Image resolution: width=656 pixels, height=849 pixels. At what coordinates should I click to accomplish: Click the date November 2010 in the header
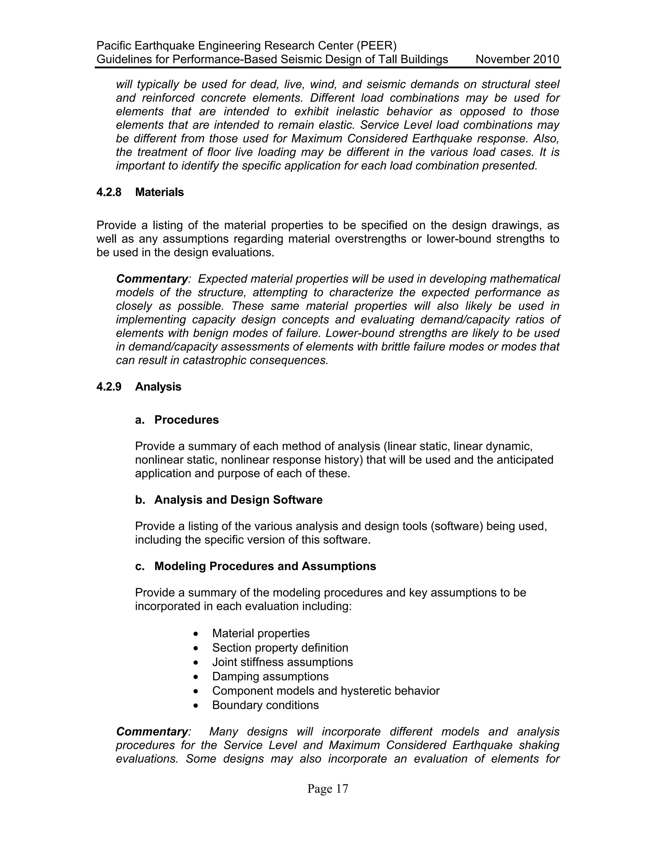(517, 60)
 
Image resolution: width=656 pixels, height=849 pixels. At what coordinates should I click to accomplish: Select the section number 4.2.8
(109, 192)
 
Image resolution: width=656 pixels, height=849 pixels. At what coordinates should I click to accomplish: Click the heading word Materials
(159, 192)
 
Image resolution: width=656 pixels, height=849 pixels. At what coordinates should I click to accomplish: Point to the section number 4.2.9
(109, 387)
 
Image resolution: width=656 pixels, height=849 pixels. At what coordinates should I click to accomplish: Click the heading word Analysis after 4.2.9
(158, 387)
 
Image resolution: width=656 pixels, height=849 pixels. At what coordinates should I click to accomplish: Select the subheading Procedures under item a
(186, 420)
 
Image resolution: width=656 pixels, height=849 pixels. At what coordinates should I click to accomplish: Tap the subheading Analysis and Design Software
(238, 500)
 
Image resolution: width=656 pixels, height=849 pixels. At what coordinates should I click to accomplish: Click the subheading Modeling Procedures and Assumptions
(265, 566)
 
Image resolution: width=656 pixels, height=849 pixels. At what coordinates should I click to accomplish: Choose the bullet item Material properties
(261, 633)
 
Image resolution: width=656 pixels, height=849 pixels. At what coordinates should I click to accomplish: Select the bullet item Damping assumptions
(270, 676)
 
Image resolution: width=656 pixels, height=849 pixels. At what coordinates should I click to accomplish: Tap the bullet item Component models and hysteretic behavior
(326, 691)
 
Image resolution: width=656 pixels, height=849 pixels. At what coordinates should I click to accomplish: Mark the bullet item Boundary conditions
(266, 705)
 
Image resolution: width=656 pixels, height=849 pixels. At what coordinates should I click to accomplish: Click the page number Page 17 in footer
(328, 789)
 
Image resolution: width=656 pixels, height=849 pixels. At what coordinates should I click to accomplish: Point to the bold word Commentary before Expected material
(152, 279)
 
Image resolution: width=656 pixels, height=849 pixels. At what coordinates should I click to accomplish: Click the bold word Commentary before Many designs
(152, 732)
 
